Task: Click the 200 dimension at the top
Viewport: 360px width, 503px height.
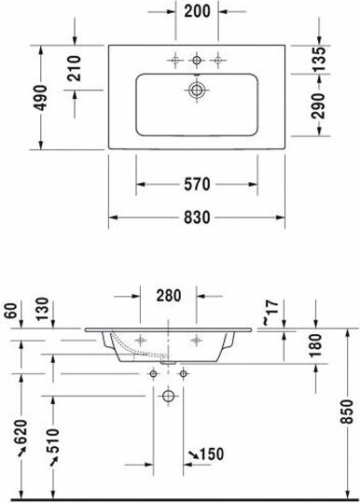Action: click(x=197, y=11)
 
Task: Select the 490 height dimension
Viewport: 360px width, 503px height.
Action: click(x=41, y=97)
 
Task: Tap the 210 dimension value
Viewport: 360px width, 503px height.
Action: click(x=75, y=68)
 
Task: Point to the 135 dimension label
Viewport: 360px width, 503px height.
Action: click(x=319, y=59)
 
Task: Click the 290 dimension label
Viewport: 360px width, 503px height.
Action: click(x=319, y=105)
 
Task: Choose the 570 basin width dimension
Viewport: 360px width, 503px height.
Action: click(x=197, y=184)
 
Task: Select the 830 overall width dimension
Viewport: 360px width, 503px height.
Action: click(x=197, y=217)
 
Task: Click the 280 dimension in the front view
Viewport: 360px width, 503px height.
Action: click(x=169, y=296)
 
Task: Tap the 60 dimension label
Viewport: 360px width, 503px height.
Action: click(x=11, y=310)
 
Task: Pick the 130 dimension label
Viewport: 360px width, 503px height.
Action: click(x=43, y=309)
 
